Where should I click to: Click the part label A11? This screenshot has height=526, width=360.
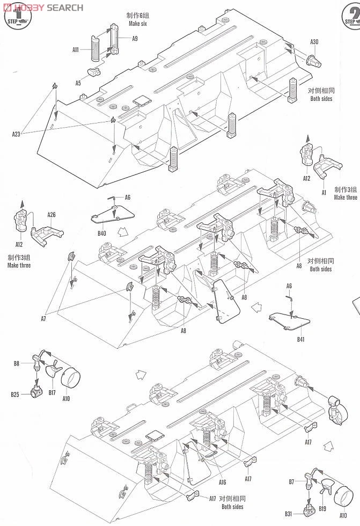coord(76,50)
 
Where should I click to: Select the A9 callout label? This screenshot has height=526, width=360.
coord(135,39)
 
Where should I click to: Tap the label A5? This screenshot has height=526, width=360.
coord(78,83)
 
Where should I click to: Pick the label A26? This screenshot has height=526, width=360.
coord(52,215)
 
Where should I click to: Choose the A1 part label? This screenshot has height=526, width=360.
coord(324,192)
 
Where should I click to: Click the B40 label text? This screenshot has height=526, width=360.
coord(102,233)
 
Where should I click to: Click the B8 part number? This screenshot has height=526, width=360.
coord(17,364)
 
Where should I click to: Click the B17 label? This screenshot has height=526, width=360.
coord(52,392)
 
